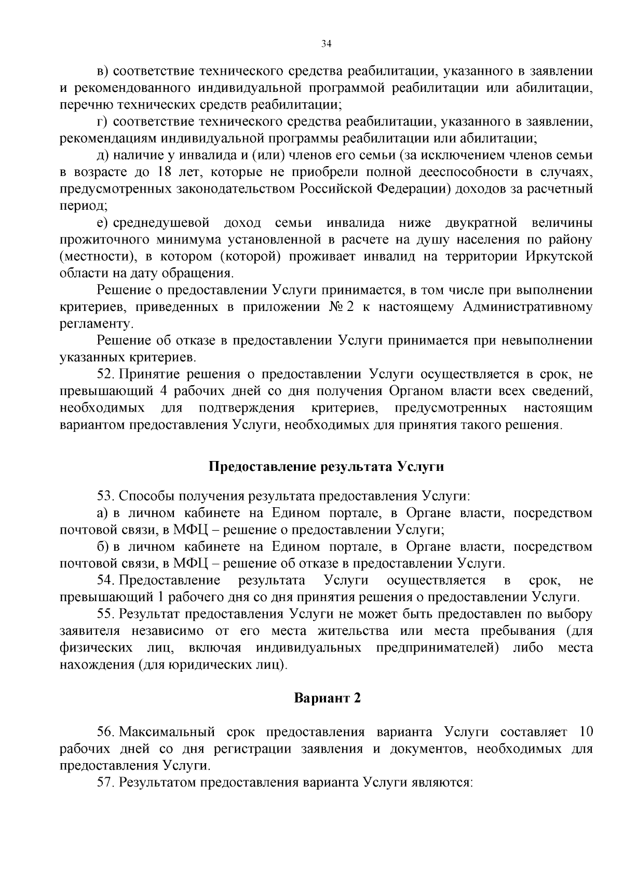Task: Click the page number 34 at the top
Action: click(326, 44)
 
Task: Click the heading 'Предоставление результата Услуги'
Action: click(326, 466)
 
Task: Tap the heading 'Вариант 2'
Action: click(327, 698)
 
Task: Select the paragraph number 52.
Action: click(105, 374)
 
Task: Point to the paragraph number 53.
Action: click(105, 496)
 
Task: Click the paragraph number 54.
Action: click(105, 580)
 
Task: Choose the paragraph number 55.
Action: click(105, 614)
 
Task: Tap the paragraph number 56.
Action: click(105, 732)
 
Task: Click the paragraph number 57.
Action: click(105, 782)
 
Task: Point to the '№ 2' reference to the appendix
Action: click(342, 307)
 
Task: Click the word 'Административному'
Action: click(527, 307)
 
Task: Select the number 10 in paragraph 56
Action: click(585, 732)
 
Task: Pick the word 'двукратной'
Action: click(481, 223)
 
